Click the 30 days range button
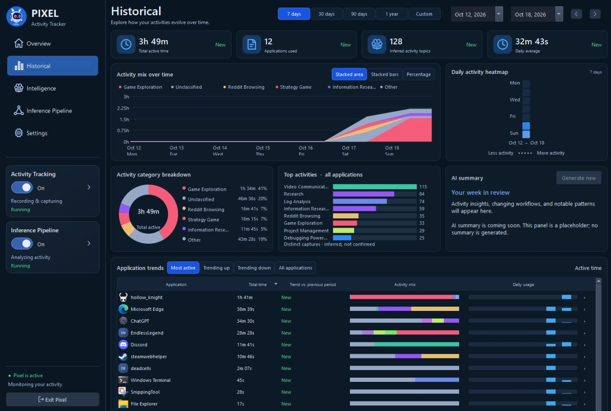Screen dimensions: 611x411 tap(327, 14)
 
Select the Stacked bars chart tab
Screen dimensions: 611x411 tap(385, 74)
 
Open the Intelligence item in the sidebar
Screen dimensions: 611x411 tap(41, 88)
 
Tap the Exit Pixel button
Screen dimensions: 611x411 tap(53, 399)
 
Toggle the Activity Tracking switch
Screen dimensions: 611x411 tap(22, 187)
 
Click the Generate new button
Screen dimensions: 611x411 tap(579, 178)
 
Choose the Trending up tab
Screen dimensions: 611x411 tap(216, 267)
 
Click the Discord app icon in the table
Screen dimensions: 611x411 tap(123, 345)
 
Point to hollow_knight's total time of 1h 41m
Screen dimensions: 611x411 tap(245, 298)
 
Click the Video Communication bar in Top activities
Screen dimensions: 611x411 tap(375, 187)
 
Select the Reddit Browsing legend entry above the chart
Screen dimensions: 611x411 tap(244, 87)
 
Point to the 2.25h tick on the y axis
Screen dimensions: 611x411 tap(123, 108)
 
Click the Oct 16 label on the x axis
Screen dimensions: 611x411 tap(306, 148)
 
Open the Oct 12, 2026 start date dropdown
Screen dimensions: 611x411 tap(499, 14)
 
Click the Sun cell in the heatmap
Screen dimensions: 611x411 tap(526, 134)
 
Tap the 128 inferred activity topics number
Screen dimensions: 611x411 tap(396, 41)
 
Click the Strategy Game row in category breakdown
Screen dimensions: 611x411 tap(224, 219)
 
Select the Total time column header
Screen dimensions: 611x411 tap(257, 284)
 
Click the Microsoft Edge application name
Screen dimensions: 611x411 tap(147, 309)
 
